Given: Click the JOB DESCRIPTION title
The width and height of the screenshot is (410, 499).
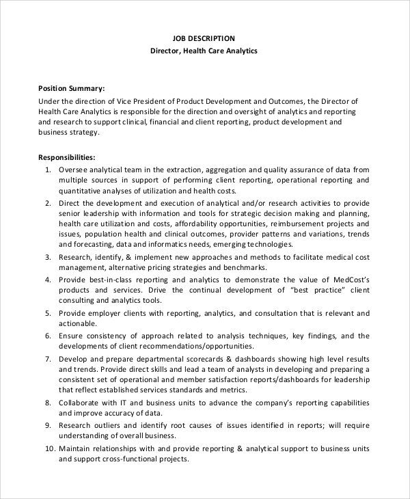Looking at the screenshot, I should click(x=204, y=38).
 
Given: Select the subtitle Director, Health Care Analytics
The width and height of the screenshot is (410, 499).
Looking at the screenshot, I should click(x=204, y=51).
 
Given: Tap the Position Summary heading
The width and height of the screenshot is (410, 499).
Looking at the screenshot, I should click(x=71, y=88).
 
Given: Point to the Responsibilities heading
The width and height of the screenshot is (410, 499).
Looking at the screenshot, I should click(x=66, y=157).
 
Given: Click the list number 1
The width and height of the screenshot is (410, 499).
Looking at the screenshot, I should click(x=48, y=169).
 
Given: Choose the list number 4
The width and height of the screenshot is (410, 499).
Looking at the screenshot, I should click(x=48, y=280).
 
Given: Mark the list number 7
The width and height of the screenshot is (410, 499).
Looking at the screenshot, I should click(x=48, y=359).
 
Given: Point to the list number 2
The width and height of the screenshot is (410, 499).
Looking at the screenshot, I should click(x=48, y=203).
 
